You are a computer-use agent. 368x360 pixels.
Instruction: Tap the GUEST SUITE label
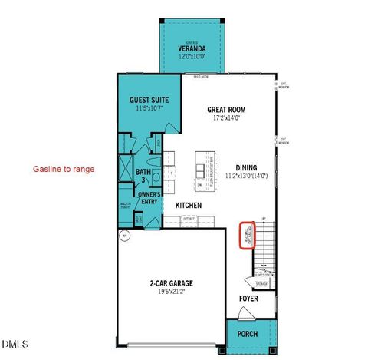pos(149,101)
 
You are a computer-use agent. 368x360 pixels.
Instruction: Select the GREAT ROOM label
pos(225,110)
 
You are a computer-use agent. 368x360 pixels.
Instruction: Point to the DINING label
pos(246,167)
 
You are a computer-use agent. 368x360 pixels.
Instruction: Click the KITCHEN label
pos(189,206)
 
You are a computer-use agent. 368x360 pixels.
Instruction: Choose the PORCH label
pos(247,335)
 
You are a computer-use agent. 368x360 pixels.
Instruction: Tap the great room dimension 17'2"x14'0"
pos(225,119)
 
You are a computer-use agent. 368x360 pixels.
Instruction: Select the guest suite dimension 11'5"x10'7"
pos(149,109)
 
